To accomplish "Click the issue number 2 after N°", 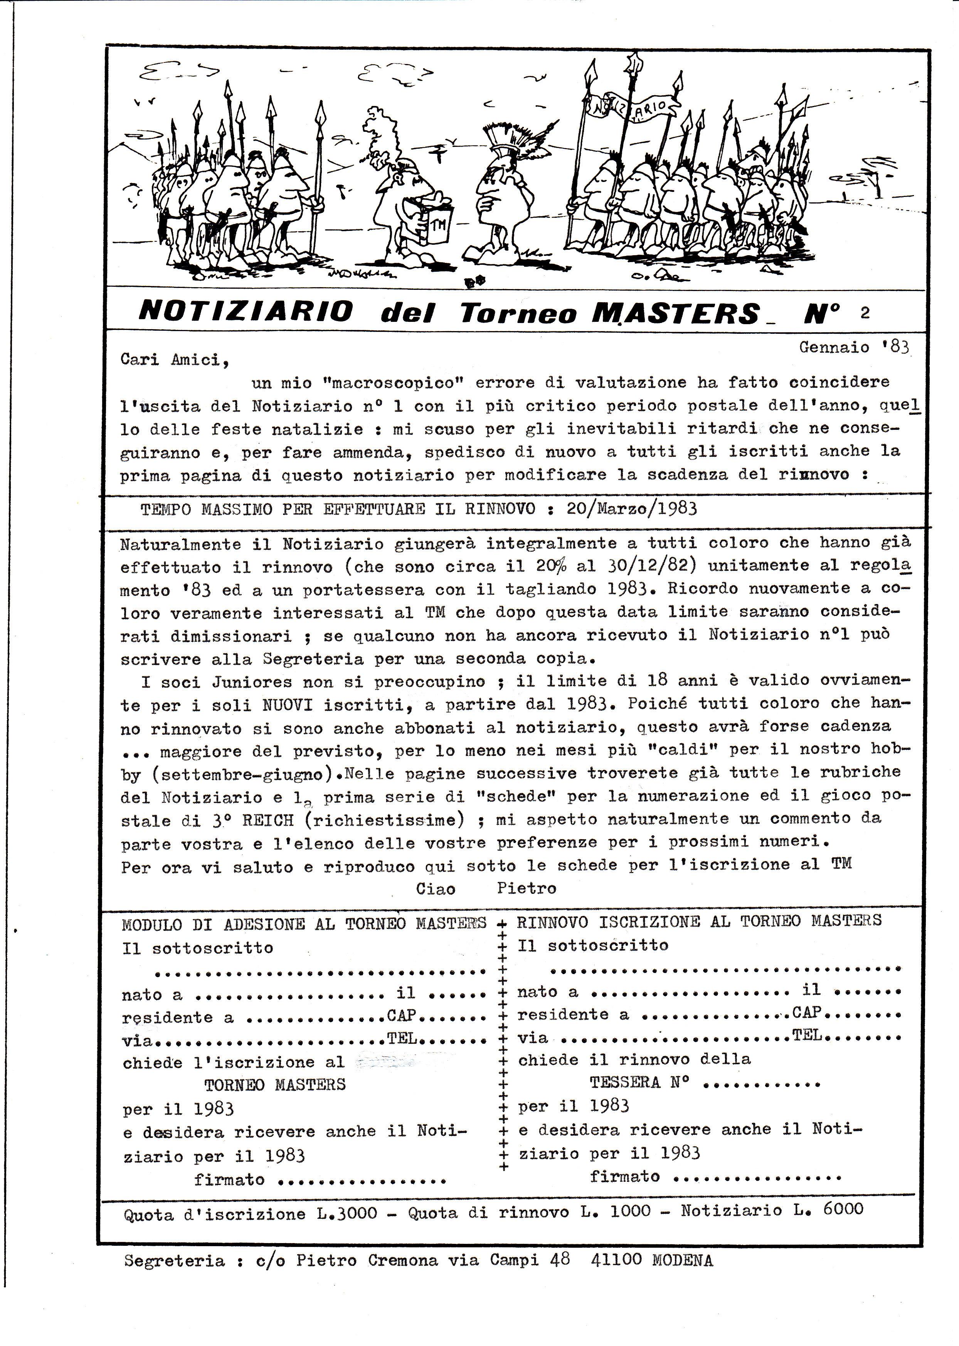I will pyautogui.click(x=865, y=313).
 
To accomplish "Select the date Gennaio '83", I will pyautogui.click(x=854, y=347).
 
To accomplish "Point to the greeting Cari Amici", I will pyautogui.click(x=174, y=360).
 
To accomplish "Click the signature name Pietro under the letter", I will pyautogui.click(x=526, y=888).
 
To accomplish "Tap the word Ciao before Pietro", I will pyautogui.click(x=435, y=889).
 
